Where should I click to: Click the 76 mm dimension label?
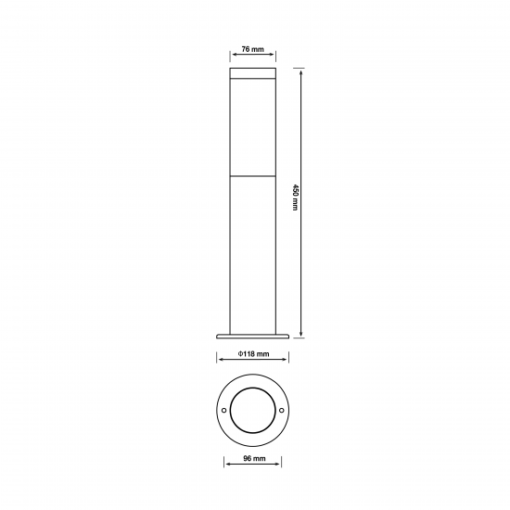pos(253,49)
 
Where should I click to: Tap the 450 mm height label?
pos(295,198)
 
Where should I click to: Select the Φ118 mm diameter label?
pos(253,353)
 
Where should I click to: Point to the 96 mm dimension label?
pos(254,458)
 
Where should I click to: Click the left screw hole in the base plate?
pos(223,410)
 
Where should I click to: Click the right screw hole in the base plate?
pos(282,410)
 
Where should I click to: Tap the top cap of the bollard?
pos(253,73)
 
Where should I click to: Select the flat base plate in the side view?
pos(253,337)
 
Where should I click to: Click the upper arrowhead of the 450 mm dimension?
pos(301,70)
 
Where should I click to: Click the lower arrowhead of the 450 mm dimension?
pos(301,335)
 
